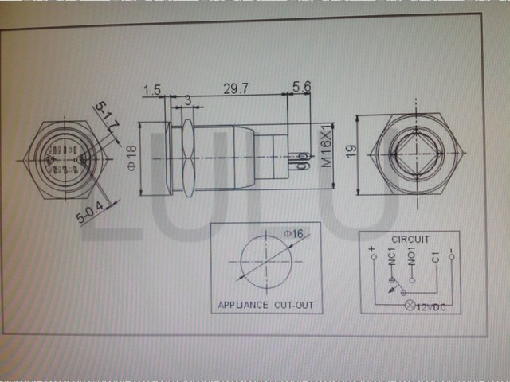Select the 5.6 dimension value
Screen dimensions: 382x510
click(301, 88)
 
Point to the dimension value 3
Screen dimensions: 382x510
click(187, 101)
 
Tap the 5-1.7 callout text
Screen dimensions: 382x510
click(108, 115)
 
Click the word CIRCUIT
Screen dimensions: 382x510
click(410, 238)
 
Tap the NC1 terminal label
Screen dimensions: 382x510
click(391, 259)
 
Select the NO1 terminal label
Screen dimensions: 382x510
click(412, 259)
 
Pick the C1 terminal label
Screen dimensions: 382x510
click(435, 258)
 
